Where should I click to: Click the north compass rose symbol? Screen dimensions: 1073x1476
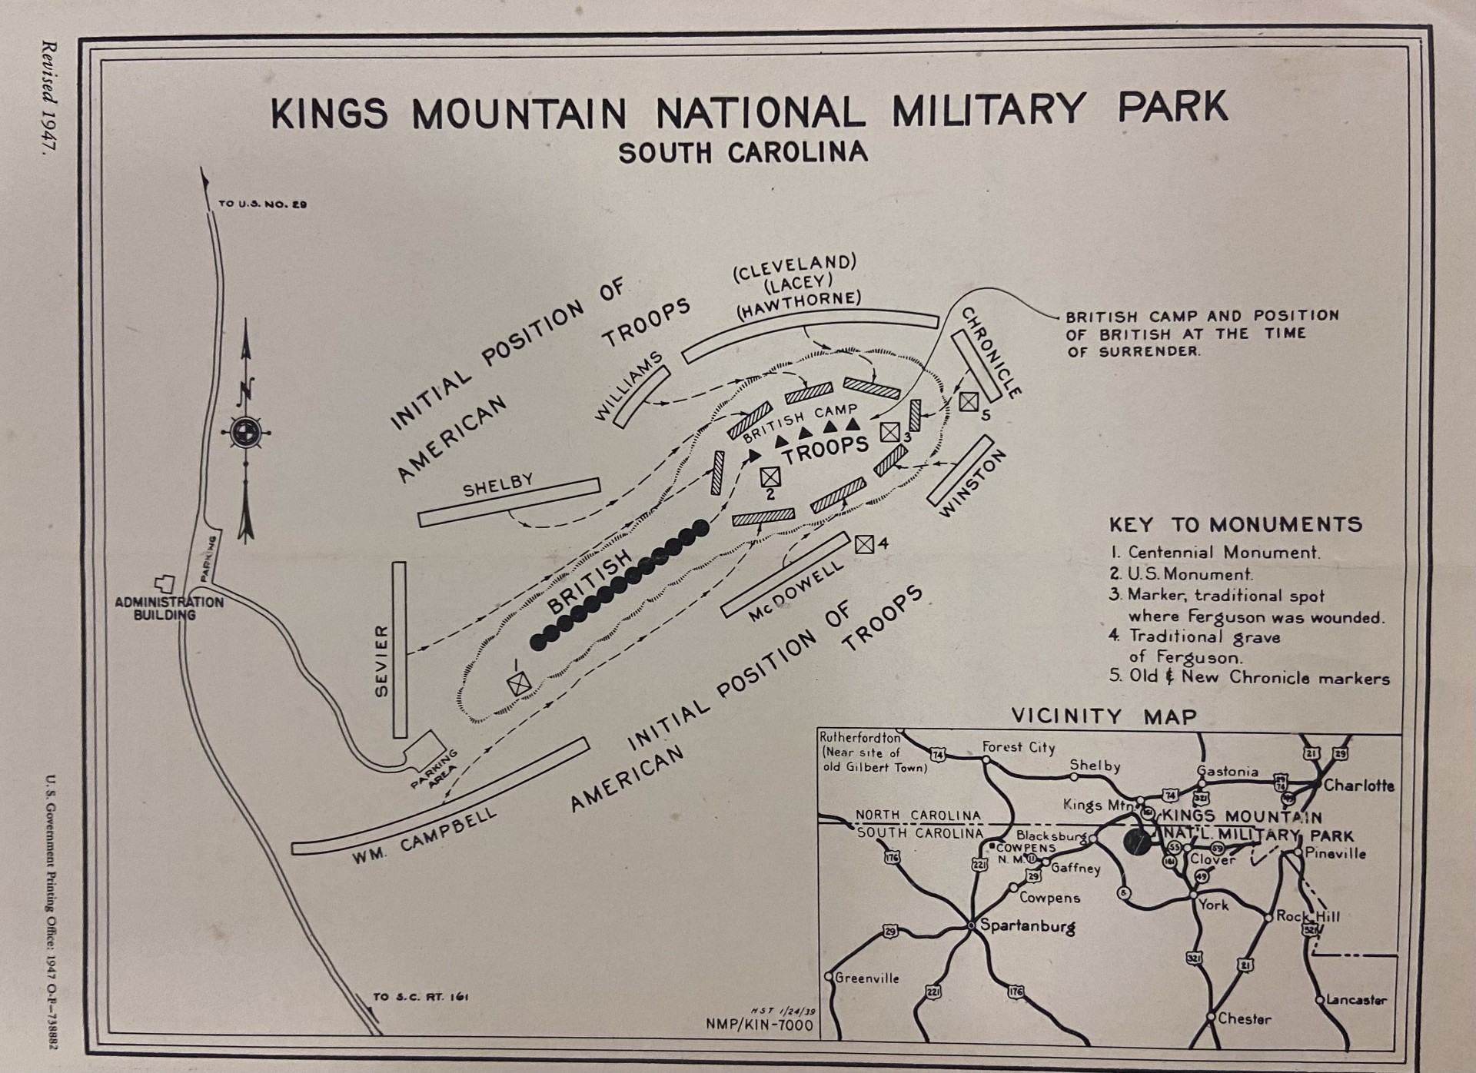tap(247, 431)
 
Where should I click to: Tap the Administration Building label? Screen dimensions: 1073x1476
tap(169, 608)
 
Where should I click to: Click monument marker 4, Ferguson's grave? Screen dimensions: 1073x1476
tap(864, 543)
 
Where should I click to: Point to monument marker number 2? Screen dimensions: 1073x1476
tap(770, 477)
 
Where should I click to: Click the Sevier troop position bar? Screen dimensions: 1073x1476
tap(399, 649)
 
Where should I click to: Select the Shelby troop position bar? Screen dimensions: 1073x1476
tap(509, 502)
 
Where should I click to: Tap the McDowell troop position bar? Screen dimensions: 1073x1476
tap(785, 573)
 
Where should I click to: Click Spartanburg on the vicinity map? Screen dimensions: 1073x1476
tap(1026, 925)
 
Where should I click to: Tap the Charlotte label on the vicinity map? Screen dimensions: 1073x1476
tap(1358, 786)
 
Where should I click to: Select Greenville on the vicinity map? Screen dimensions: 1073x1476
tap(866, 978)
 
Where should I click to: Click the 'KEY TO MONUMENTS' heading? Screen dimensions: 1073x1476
tap(1235, 524)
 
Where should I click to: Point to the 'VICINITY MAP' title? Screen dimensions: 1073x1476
tap(1104, 716)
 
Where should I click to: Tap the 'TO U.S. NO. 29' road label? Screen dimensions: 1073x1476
tap(262, 204)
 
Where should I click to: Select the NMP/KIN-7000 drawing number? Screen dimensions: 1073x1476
tap(759, 1025)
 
